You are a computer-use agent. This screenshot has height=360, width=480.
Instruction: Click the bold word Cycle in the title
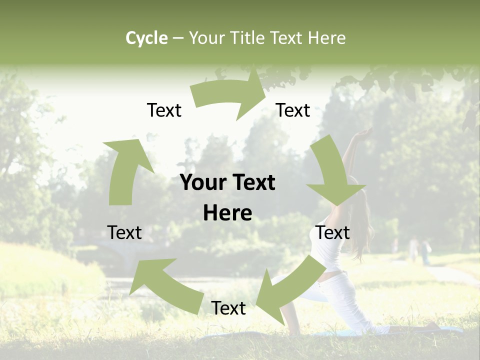tap(146, 38)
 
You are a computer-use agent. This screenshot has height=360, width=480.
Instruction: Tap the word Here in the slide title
tap(327, 38)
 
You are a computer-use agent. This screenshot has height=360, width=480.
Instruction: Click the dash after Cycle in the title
tap(177, 38)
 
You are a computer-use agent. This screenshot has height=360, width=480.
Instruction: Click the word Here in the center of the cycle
tap(227, 213)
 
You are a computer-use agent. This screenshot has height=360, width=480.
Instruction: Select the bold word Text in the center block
tap(252, 183)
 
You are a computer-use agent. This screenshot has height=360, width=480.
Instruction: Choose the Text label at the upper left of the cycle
tap(164, 110)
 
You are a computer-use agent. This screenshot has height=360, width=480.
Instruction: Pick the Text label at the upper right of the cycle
tap(293, 110)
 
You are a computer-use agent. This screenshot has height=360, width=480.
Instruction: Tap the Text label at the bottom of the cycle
tap(228, 308)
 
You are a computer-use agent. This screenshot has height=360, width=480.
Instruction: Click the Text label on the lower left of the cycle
tap(124, 232)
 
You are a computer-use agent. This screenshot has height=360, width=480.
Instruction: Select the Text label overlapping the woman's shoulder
tap(332, 232)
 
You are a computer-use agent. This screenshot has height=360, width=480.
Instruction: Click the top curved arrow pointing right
tap(230, 95)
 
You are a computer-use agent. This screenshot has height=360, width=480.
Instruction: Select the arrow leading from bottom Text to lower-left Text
tap(160, 282)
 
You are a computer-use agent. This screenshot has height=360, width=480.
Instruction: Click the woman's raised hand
tap(364, 133)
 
